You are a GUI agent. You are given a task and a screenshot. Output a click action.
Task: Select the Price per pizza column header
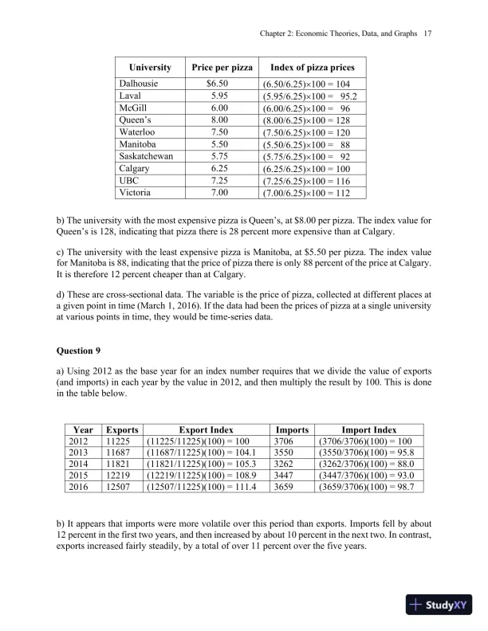[218, 68]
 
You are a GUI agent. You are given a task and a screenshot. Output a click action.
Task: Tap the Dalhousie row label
[140, 84]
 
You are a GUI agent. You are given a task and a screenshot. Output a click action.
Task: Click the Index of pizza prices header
[308, 68]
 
